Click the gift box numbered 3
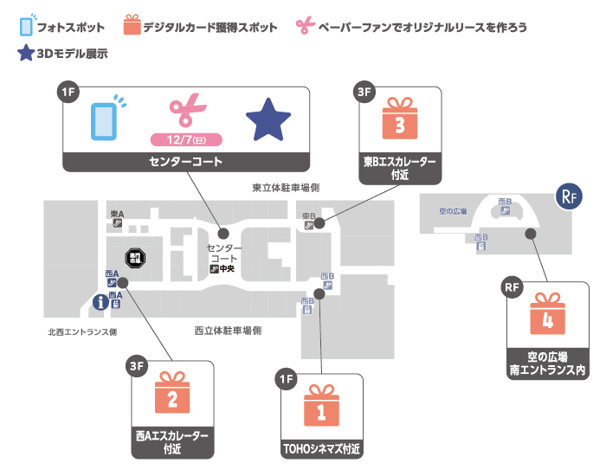[x=399, y=121]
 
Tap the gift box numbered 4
[x=546, y=316]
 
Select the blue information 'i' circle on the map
[x=101, y=302]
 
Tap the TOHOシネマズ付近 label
[x=321, y=450]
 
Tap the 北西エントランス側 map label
[x=83, y=331]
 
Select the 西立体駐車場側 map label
[x=229, y=331]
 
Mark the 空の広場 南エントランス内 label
[x=546, y=363]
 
